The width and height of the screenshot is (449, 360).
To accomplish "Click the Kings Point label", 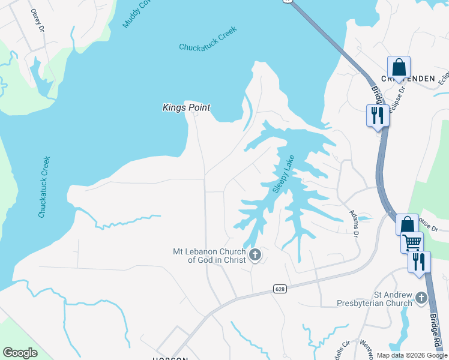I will pos(186,107).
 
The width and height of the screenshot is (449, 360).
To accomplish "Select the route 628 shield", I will pos(281,289).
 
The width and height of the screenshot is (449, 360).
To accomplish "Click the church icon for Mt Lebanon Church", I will pos(255,256).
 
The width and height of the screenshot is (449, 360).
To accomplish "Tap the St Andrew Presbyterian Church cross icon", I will pos(421,298).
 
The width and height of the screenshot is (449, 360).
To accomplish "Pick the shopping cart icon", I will pos(412,243).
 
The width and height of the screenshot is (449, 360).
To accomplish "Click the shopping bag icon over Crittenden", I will pos(399,68).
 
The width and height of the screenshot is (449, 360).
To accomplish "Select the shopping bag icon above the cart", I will pos(407,225).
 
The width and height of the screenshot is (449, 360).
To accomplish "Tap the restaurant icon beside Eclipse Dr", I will pos(378,115).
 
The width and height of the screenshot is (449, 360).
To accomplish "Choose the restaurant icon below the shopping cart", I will pos(419,262).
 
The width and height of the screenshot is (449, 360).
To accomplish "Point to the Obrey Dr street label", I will pos(37,19).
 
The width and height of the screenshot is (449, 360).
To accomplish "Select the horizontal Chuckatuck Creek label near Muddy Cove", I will pos(208,39).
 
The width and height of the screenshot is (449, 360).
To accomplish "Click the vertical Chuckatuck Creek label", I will pos(43,187).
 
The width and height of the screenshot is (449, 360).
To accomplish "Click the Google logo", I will pos(20,353).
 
